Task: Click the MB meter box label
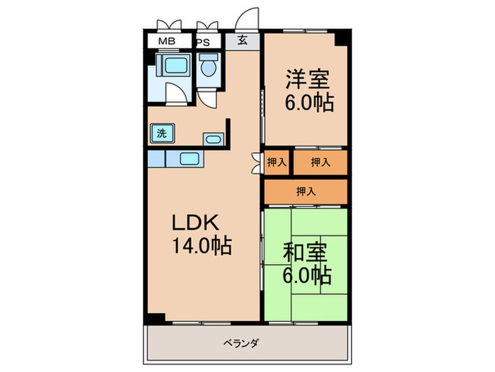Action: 168,41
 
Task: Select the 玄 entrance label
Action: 243,41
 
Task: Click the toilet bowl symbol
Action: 209,69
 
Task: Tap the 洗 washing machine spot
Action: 162,133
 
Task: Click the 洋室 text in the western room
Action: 310,77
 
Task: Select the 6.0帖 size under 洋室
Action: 310,103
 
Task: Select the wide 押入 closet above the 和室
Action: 306,191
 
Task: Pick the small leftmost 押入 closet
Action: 277,162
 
